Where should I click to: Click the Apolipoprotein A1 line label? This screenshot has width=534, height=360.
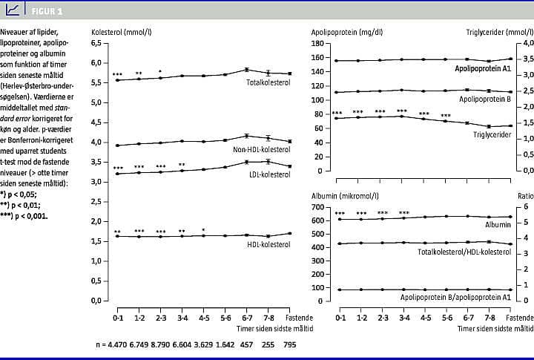tap(483, 68)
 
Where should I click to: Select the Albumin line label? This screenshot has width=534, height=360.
tap(499, 224)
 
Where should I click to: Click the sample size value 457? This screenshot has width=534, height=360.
tap(246, 345)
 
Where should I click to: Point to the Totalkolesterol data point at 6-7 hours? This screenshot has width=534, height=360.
tap(246, 70)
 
